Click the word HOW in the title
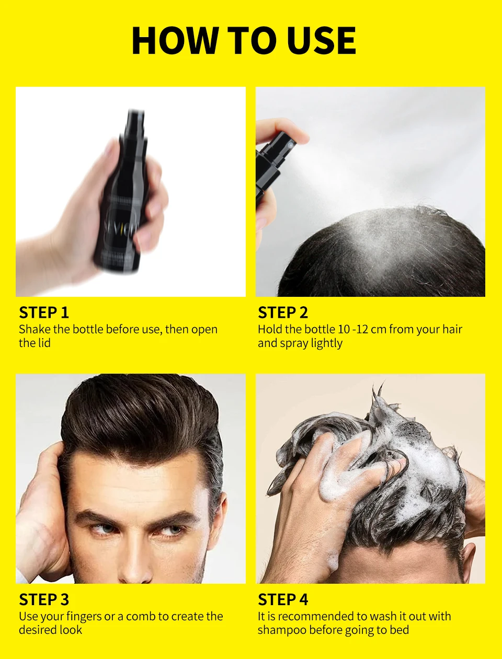click(175, 41)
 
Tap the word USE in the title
click(322, 41)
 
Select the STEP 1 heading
click(44, 313)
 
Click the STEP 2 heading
click(283, 313)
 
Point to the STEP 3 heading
click(44, 599)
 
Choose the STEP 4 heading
click(283, 599)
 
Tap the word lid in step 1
click(43, 343)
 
